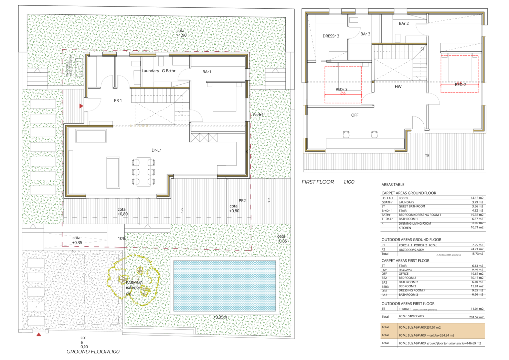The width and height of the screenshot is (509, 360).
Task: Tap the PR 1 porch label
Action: [118, 101]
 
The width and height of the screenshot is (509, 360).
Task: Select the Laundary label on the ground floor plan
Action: [150, 71]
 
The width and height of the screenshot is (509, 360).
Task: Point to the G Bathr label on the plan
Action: [170, 71]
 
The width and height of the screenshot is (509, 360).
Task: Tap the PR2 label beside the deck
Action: [242, 201]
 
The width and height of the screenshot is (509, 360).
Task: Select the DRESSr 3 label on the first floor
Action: [331, 36]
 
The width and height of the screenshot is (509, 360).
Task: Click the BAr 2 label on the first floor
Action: [403, 23]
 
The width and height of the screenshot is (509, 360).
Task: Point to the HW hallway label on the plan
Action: [398, 87]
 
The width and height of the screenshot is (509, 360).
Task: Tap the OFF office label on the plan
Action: [355, 115]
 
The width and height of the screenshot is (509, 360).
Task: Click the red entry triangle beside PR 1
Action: [81, 106]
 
